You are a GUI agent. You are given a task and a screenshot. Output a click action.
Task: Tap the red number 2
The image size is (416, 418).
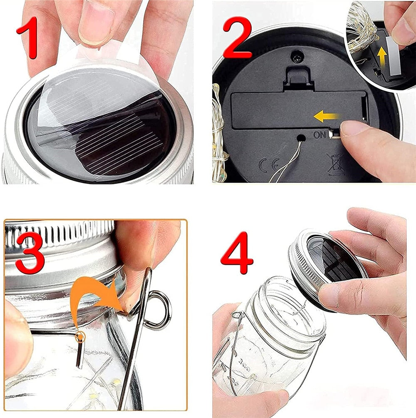coord(237,37)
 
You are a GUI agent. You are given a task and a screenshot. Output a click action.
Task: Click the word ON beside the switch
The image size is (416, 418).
coord(320,135)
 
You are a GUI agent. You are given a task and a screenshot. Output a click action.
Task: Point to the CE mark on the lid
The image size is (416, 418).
coord(270,164)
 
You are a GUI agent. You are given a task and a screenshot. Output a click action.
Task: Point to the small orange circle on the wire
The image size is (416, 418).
coord(79,338)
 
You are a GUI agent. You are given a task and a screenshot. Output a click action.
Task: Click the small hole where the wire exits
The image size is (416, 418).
coord(301,138)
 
